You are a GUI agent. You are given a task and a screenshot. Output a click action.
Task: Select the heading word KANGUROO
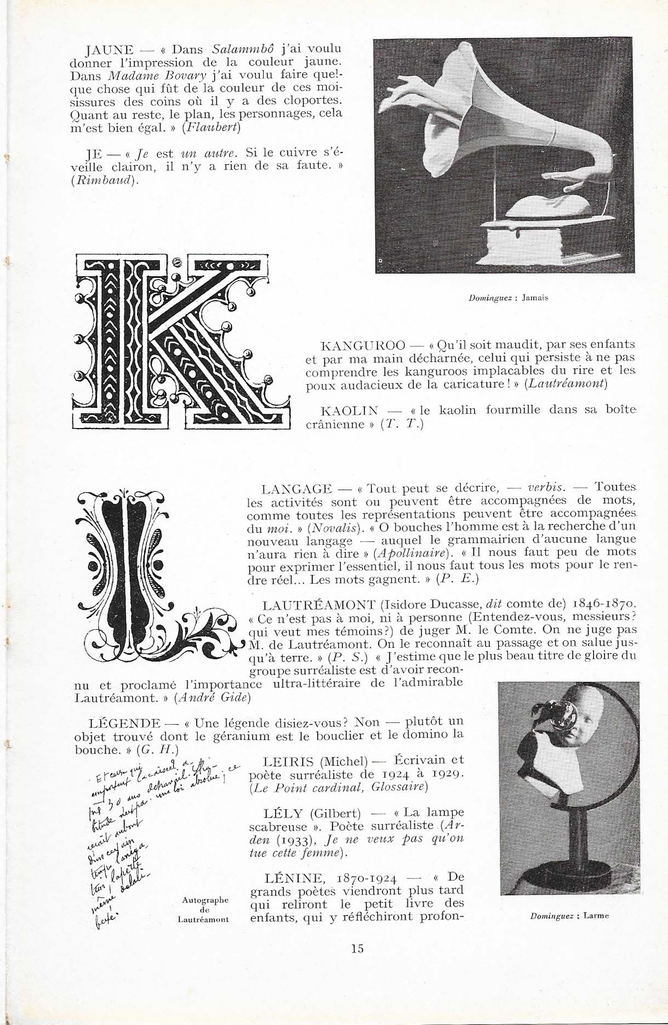point(363,346)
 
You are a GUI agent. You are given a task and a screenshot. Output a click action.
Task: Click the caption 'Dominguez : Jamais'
point(508,298)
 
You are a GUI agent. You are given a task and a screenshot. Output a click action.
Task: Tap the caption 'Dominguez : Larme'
point(570,915)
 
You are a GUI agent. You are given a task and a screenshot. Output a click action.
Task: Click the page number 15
point(357,948)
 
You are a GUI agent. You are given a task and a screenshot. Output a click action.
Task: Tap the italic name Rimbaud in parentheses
point(104,182)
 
